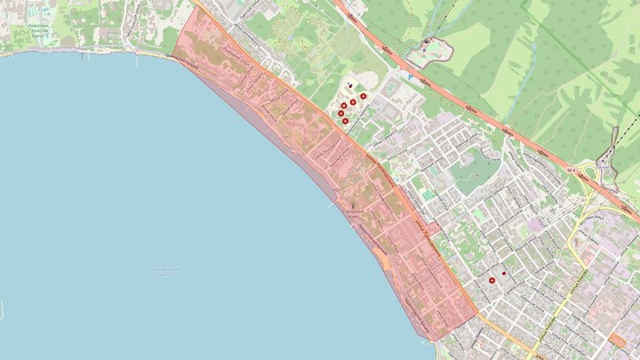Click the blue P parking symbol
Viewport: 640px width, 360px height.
click(411, 77)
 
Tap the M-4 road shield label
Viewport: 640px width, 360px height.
click(572, 166)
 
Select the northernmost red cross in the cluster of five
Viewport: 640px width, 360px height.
click(364, 96)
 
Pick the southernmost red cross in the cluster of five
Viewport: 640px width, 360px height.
click(345, 120)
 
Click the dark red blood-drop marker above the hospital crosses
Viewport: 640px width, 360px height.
click(350, 87)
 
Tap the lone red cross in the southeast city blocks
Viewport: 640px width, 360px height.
click(492, 280)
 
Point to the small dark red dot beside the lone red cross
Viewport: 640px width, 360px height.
click(503, 272)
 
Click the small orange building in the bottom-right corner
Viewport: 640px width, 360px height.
click(618, 340)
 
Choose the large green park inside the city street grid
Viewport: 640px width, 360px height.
click(476, 169)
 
